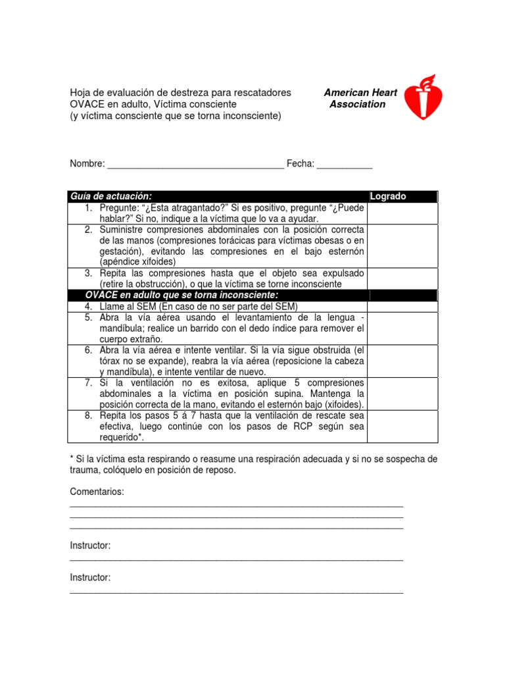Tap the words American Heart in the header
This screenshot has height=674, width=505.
coord(360,93)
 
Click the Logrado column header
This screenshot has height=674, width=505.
coord(389,196)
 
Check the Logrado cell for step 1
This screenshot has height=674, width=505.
coord(401,213)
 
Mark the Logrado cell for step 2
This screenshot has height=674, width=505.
coord(401,246)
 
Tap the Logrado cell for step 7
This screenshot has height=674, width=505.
coord(401,394)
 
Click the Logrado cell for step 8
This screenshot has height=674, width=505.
coord(401,427)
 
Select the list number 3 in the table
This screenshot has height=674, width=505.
coord(87,273)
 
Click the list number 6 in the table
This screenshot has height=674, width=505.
coord(87,350)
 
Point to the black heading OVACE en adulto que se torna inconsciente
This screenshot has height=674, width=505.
coord(182,295)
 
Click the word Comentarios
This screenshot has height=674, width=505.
coord(97,492)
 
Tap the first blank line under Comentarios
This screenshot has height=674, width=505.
coord(236,505)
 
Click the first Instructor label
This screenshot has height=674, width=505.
coord(90,546)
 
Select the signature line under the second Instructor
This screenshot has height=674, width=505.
coord(236,592)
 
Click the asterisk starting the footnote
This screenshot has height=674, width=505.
coord(72,458)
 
